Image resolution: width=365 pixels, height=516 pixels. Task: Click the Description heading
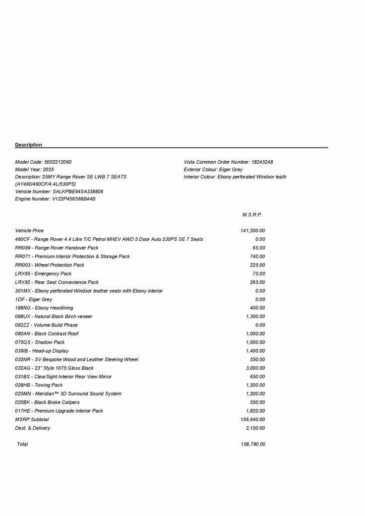pos(29,145)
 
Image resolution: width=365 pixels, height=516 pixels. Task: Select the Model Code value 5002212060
pos(58,162)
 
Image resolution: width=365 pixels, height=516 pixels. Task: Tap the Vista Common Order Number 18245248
pos(262,162)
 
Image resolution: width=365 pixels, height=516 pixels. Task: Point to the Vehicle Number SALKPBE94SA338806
pos(78,192)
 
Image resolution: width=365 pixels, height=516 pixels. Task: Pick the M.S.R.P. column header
pos(252,215)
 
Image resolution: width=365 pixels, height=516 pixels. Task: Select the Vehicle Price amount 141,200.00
pos(253,231)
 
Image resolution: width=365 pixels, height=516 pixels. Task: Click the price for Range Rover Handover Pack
pos(259,248)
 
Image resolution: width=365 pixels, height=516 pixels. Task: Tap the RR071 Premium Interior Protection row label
pos(73,256)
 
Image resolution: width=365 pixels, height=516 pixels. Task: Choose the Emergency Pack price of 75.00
pos(259,274)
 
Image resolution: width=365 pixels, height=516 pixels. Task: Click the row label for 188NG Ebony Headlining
pos(44,308)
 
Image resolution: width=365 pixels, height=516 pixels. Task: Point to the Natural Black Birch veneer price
pos(255,316)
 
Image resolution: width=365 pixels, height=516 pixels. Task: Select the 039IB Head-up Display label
pos(42,351)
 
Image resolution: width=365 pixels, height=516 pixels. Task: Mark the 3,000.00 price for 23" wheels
pos(255,368)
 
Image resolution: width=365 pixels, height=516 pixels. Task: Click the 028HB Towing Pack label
pos(39,385)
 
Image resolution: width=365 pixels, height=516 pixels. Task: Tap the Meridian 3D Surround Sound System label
pos(68,394)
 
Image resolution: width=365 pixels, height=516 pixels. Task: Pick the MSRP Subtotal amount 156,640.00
pos(253,420)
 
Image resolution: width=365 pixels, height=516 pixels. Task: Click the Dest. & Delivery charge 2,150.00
pos(255,428)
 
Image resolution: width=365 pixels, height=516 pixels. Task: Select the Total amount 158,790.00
pos(253,444)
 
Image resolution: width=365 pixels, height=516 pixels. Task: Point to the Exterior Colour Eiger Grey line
pos(213,170)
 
